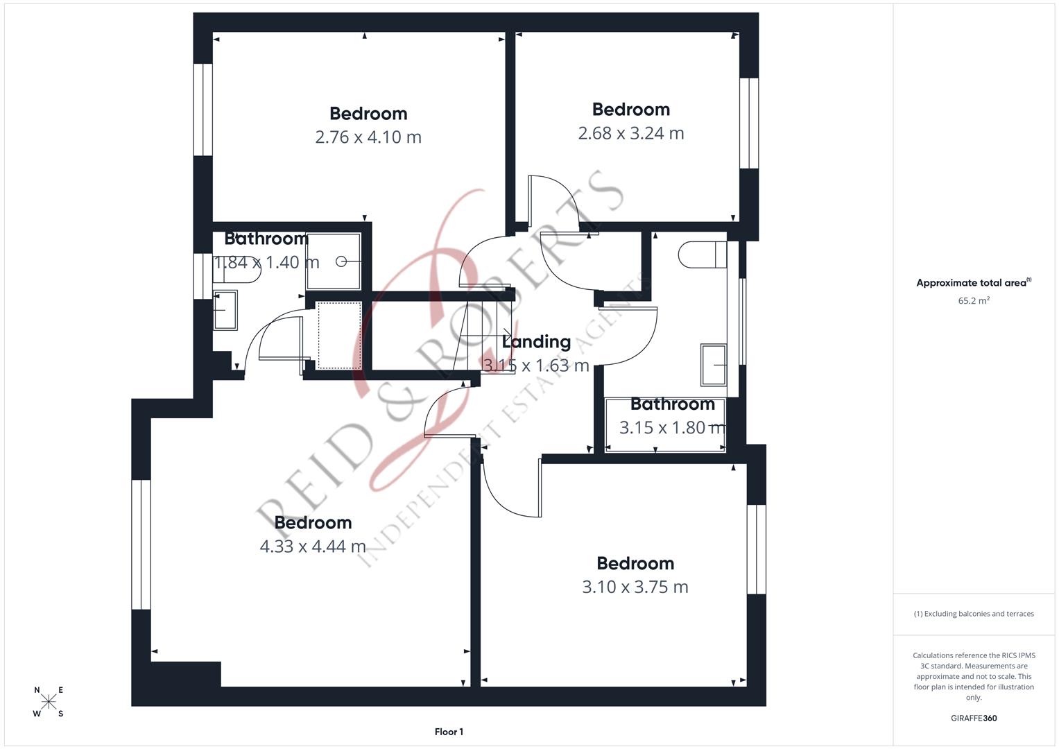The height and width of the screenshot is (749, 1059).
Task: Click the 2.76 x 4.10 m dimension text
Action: point(368,137)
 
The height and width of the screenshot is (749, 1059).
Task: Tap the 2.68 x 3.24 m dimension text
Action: point(631,133)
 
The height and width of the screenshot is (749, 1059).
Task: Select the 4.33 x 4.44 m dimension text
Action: point(313,546)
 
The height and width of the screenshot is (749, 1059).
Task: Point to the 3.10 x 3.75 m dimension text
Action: point(635,587)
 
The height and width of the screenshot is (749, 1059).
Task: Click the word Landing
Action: point(536,342)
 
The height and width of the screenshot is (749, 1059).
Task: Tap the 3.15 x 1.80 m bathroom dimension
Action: point(672,427)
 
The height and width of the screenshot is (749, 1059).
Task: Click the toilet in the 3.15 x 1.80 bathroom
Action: point(703,255)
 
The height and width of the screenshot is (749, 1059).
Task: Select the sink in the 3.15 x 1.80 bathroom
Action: point(714,365)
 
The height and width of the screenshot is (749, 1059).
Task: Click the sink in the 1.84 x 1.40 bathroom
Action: point(225,310)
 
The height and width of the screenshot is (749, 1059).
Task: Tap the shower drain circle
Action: point(341,261)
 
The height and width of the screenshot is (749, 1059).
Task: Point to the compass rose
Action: point(49,701)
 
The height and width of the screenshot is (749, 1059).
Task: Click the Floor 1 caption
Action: point(449,732)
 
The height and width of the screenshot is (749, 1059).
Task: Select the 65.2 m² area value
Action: point(974,300)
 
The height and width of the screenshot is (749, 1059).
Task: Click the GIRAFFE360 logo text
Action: point(974,718)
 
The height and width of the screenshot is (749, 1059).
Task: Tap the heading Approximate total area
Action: point(974,283)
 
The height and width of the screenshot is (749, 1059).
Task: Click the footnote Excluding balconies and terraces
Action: point(974,614)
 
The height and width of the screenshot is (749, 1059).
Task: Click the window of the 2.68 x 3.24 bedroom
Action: point(749,123)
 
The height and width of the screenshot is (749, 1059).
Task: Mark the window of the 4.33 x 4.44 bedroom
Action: point(141,544)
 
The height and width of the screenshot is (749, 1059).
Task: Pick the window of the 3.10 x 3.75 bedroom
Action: point(757,549)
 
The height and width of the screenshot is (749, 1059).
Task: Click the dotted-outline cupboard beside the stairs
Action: point(339,335)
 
